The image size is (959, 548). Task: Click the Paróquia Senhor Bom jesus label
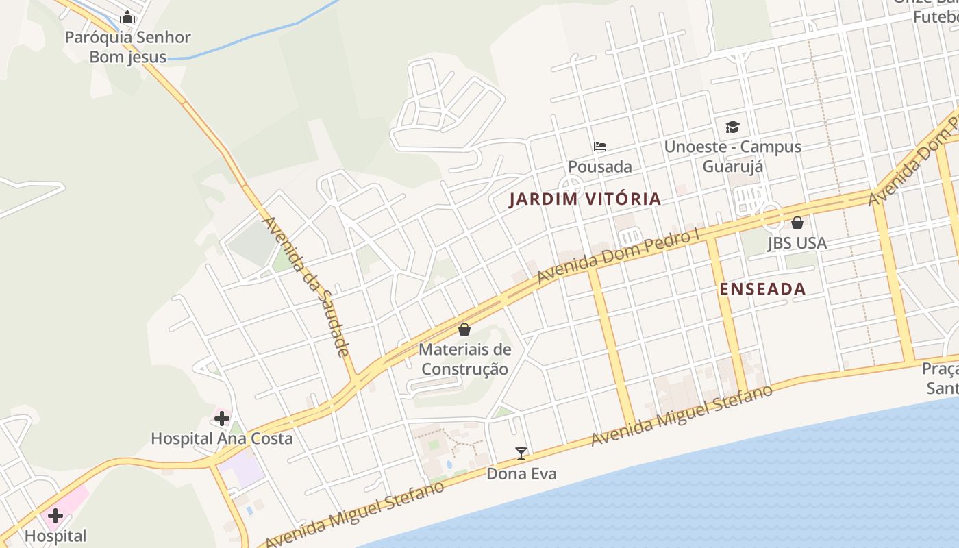[x=127, y=47]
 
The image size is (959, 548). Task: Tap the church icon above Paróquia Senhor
[x=127, y=18]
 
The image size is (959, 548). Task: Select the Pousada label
[x=600, y=166]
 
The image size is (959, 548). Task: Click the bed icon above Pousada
[x=600, y=147]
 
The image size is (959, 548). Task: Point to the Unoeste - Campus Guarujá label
[x=732, y=157]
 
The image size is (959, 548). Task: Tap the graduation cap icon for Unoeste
[x=732, y=127]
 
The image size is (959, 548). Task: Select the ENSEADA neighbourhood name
[x=762, y=289]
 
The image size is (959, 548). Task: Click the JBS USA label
[x=797, y=243]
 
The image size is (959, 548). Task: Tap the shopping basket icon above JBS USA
[x=797, y=223]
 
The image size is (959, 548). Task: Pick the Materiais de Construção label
[x=464, y=359]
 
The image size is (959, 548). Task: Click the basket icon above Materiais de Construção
[x=464, y=329]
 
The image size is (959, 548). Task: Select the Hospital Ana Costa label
[x=221, y=438]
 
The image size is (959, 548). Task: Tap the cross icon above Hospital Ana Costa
[x=221, y=418]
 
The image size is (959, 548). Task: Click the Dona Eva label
[x=521, y=473]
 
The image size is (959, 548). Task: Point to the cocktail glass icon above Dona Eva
[x=521, y=453]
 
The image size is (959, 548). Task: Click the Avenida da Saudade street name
[x=306, y=286]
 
